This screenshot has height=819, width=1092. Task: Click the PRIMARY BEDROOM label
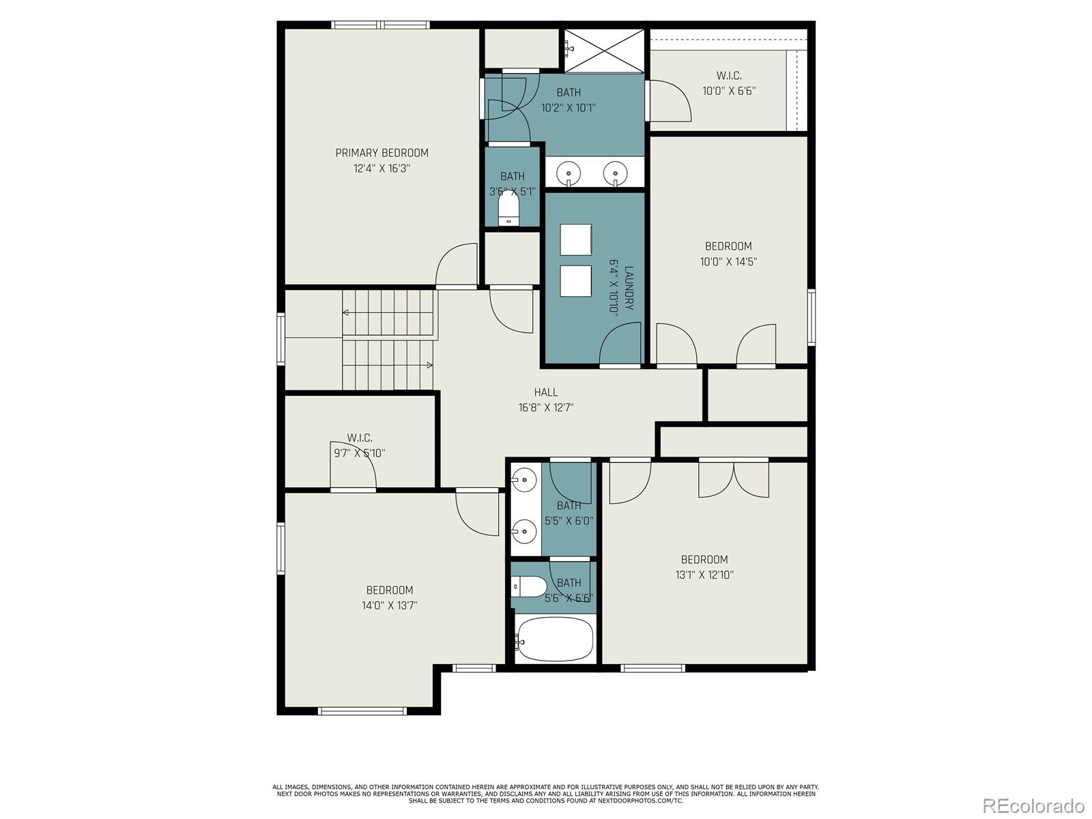tap(382, 153)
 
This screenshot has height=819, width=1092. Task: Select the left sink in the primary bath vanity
tap(568, 173)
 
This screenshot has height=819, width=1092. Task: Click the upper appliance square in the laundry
tap(575, 240)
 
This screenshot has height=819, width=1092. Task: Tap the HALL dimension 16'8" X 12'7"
tap(545, 408)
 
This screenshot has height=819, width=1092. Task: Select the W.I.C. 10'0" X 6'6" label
tap(729, 90)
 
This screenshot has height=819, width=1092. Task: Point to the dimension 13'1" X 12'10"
tap(704, 575)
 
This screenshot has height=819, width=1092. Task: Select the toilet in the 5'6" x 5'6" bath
tap(528, 586)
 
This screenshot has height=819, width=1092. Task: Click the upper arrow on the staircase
tap(346, 313)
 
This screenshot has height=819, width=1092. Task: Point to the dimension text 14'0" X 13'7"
tap(390, 605)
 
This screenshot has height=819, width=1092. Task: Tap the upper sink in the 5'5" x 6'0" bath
tap(524, 480)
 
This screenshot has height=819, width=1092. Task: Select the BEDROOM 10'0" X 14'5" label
tap(728, 253)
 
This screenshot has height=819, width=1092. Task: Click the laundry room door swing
tap(620, 345)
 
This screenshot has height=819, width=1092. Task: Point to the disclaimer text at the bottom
tap(545, 793)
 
